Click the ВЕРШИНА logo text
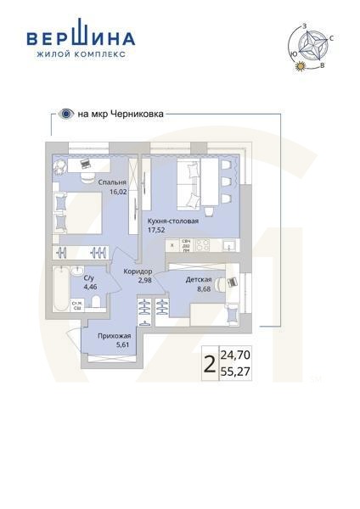tap(80, 38)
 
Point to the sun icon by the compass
tap(299, 69)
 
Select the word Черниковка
tap(138, 112)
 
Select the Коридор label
tap(137, 271)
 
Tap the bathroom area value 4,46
tap(90, 288)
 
